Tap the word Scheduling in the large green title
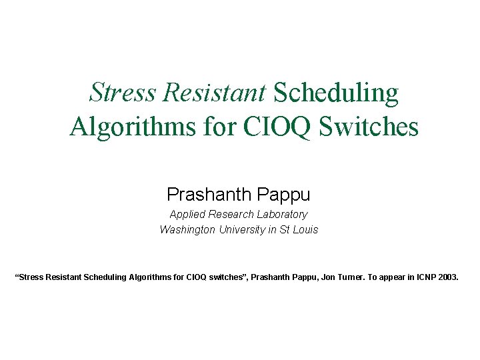(336, 93)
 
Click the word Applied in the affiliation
(187, 215)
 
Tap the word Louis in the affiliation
(305, 230)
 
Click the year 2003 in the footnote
(449, 275)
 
